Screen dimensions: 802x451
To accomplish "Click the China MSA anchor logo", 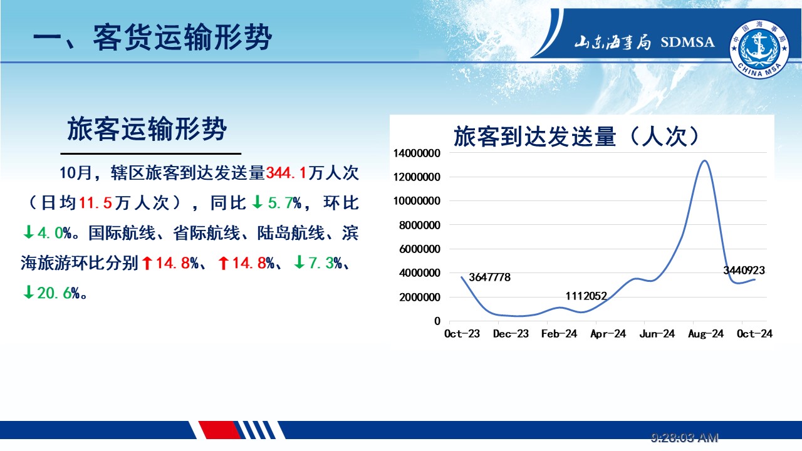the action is pos(759,49).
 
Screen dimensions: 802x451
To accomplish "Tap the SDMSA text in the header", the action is pos(687,42).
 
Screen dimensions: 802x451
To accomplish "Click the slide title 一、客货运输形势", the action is pos(152,37).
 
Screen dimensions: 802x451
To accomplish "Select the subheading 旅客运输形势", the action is pos(147,128).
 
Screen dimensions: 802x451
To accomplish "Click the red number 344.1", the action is pos(286,173).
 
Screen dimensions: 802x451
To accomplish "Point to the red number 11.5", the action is pos(95,203).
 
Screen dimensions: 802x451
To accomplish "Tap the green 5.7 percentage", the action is pos(280,203).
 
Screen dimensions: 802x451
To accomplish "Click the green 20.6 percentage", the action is pos(54,293).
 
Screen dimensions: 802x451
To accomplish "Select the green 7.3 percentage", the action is pos(321,263).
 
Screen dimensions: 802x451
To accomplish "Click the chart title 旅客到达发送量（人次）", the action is pos(576,137).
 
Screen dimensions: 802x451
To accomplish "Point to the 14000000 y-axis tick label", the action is pos(417,153).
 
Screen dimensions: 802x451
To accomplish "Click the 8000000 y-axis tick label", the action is pos(420,225).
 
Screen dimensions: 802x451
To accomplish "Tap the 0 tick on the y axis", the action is pos(437,321).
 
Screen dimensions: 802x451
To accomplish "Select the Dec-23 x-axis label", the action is pos(511,334).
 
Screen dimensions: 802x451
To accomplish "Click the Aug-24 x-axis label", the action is pos(706,334).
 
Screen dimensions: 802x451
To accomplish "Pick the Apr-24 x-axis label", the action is pos(608,334).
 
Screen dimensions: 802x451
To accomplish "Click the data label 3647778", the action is pos(489,277).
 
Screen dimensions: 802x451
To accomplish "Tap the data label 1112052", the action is pos(586,296).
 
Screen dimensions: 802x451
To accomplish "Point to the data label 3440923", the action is pos(744,270).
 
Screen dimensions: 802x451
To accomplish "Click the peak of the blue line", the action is pos(704,161).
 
